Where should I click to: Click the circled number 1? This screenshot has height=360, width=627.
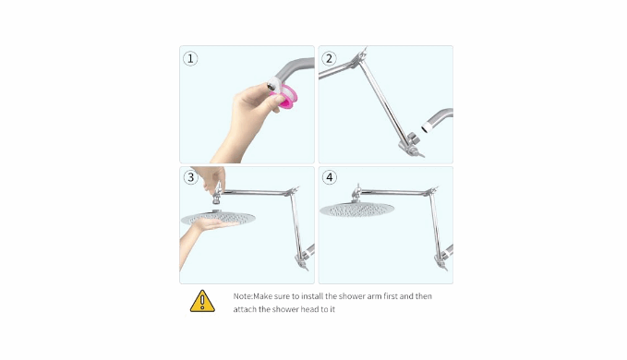click(190, 59)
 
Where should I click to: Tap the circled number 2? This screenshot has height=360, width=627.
click(329, 59)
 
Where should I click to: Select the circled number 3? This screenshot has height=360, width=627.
click(191, 177)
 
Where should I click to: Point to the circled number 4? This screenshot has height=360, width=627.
click(330, 177)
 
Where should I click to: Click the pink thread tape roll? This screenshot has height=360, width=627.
click(285, 98)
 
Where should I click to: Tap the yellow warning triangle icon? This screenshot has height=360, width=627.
click(202, 301)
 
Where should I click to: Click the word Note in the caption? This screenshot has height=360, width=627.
click(242, 296)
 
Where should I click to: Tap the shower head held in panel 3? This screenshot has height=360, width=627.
click(218, 217)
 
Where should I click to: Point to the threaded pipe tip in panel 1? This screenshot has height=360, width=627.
click(273, 85)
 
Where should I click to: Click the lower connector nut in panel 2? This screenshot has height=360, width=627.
click(413, 139)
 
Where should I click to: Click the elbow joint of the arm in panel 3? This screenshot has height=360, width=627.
click(293, 192)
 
